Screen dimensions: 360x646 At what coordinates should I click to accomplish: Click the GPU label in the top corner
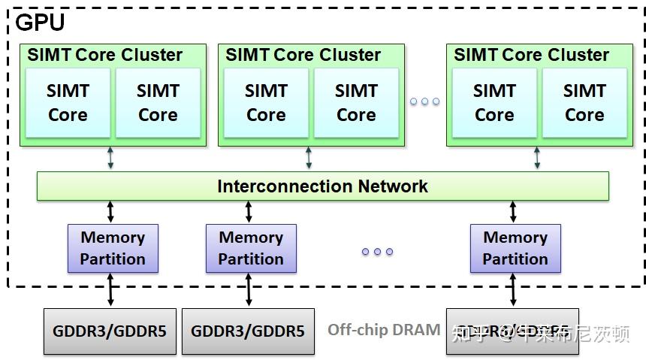tap(40, 23)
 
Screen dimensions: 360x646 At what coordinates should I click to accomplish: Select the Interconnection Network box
tap(322, 186)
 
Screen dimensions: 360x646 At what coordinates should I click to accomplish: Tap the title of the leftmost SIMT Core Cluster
tap(104, 55)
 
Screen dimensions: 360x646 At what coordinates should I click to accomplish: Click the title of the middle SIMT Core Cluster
tap(303, 55)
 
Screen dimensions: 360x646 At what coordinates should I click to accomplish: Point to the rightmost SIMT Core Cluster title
tap(531, 55)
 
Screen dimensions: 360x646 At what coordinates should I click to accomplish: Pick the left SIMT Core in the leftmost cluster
tap(68, 103)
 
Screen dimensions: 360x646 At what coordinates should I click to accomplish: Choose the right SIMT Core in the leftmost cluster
tap(158, 103)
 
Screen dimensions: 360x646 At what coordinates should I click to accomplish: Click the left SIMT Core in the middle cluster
tap(266, 103)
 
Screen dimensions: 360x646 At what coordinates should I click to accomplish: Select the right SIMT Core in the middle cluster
tap(356, 103)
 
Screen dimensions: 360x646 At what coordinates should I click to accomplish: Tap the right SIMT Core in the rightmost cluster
tap(584, 103)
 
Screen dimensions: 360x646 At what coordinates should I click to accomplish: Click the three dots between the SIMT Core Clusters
tap(424, 101)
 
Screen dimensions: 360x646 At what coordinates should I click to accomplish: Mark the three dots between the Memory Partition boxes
tap(377, 252)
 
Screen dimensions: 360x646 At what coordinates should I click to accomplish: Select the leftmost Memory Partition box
tap(113, 248)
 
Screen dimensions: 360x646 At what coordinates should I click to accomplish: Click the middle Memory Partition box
tap(251, 248)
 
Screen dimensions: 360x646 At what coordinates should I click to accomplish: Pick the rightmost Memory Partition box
tap(515, 248)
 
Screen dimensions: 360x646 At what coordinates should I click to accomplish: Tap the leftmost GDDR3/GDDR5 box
tap(110, 331)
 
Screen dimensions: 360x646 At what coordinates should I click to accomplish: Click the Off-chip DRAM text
tap(383, 330)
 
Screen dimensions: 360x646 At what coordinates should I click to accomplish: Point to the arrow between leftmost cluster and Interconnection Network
tap(110, 158)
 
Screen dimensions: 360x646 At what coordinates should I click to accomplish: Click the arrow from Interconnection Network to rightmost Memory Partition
tap(514, 212)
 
